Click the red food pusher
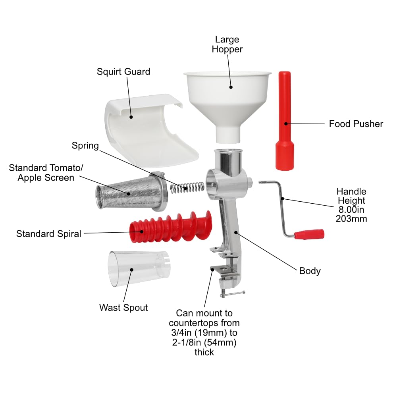285,123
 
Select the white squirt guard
143,127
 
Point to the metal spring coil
187,187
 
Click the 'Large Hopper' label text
227,44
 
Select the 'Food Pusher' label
356,124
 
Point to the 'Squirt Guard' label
123,72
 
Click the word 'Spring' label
85,145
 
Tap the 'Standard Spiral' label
48,234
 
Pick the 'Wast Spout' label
123,308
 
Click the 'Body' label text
310,271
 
